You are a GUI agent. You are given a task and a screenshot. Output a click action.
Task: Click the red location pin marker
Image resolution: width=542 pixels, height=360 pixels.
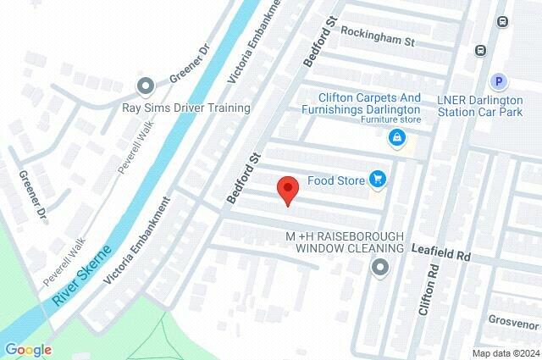287,191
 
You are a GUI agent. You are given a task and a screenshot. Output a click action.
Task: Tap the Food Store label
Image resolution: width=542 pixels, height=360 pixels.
335,180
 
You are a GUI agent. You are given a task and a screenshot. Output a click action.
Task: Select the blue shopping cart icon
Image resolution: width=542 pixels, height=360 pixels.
378,179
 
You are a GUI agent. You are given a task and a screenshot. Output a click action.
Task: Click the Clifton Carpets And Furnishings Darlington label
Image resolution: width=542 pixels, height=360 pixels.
368,104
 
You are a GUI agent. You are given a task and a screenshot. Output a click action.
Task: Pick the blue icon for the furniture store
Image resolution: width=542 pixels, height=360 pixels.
395,136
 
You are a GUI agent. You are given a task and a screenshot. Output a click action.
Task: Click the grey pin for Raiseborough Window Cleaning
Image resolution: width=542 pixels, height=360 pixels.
380,269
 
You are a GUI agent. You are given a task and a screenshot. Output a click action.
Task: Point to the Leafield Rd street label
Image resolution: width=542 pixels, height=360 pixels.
440,252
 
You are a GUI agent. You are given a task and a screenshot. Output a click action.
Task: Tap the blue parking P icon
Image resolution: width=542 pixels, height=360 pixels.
500,81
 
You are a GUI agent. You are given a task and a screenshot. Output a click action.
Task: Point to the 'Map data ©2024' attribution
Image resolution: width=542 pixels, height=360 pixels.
505,353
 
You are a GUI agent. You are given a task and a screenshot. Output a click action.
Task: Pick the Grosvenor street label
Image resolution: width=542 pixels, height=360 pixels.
514,321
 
